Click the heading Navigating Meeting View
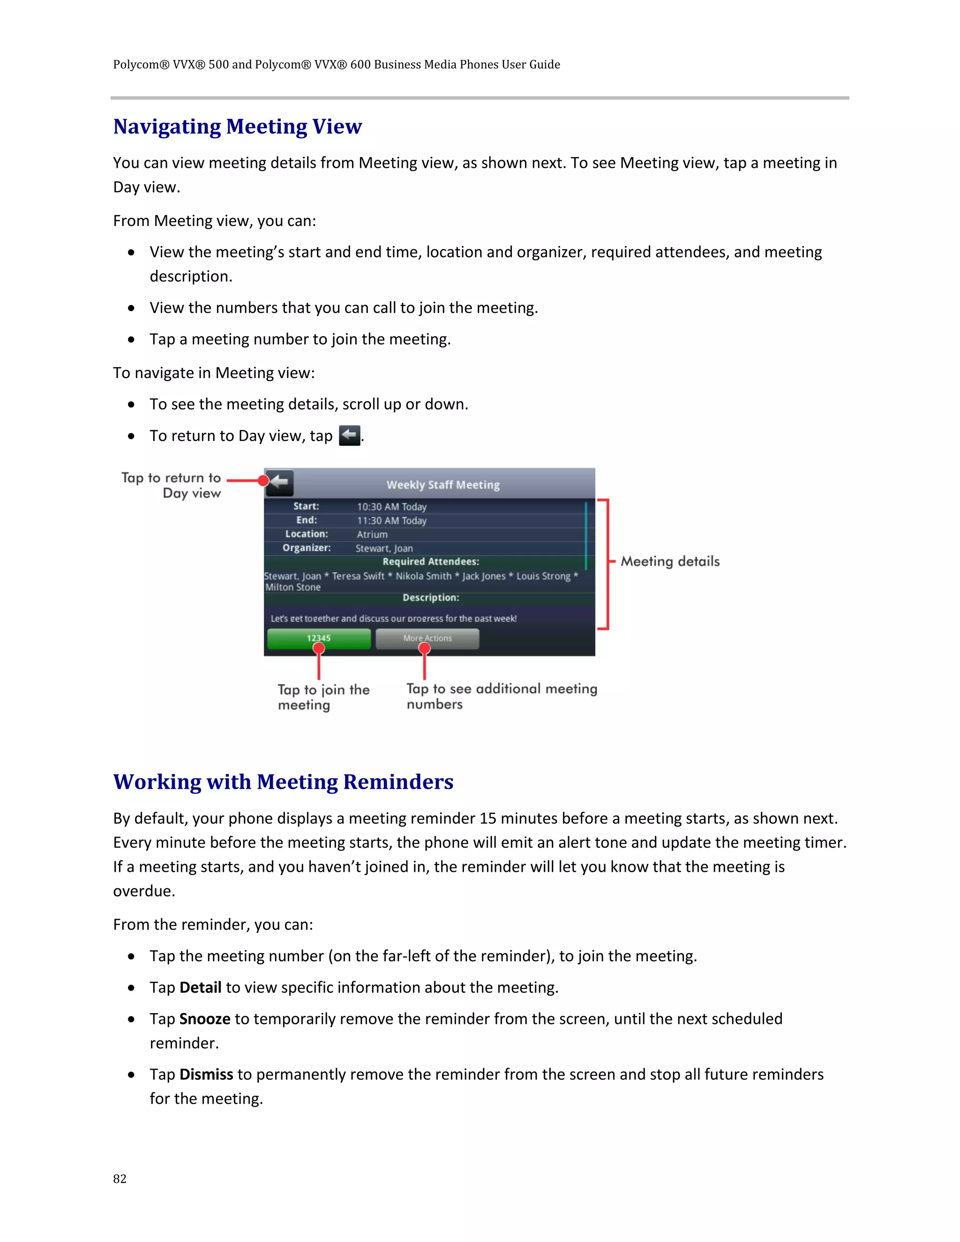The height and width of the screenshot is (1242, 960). coord(237,126)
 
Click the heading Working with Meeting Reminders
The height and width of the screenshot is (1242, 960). coord(283,781)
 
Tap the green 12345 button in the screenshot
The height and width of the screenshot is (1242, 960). coord(318,638)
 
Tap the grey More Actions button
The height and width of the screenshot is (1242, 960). coord(427,638)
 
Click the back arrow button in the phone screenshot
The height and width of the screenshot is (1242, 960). coord(279,483)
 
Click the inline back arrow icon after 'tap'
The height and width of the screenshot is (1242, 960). coord(349,435)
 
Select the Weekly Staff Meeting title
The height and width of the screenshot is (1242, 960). coord(443,485)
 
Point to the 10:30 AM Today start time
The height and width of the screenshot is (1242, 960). coord(391,507)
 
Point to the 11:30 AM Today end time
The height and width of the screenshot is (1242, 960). coord(391,520)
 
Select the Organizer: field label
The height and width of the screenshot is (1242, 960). coord(307,547)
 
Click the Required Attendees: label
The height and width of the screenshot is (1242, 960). coord(430,562)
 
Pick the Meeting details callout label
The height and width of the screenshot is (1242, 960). coord(670,561)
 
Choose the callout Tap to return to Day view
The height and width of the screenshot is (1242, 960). coord(171,485)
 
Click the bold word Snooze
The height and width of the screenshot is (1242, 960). coord(205,1018)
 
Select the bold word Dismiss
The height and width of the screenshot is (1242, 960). coord(206,1074)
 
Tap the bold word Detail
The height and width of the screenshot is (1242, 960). coord(200,987)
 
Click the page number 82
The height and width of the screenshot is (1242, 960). coord(120,1178)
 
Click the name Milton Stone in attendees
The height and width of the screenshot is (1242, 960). coord(293,587)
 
